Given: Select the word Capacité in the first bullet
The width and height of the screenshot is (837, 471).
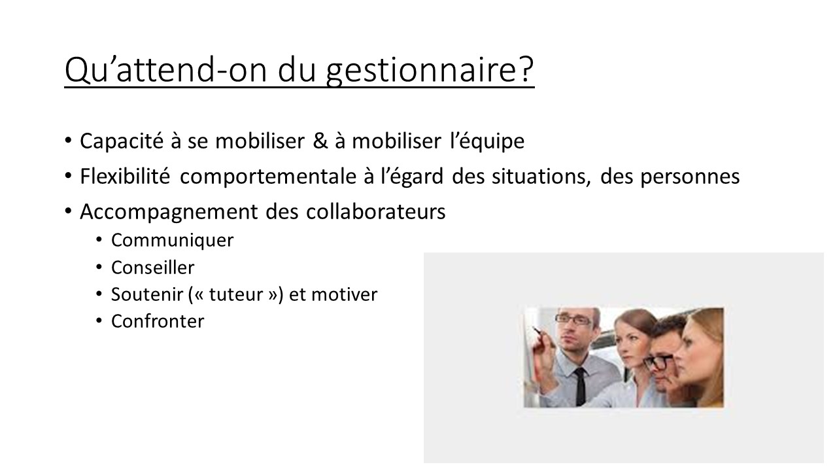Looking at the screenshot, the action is click(122, 141).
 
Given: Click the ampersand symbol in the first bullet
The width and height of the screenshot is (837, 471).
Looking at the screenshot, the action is click(320, 141).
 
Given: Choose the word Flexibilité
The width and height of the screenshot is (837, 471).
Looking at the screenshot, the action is click(125, 176).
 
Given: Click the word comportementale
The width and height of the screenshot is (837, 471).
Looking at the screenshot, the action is click(268, 177).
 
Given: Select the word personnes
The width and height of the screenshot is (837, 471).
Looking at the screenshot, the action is click(690, 177).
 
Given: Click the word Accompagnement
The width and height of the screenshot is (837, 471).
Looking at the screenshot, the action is click(169, 212).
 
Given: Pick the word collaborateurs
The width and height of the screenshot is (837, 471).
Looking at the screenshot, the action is click(375, 211).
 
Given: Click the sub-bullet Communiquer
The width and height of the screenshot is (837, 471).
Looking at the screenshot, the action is click(172, 240).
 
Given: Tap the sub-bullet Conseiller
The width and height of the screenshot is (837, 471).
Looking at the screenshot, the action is click(153, 268).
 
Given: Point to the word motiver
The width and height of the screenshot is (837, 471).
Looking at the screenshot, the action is click(344, 294).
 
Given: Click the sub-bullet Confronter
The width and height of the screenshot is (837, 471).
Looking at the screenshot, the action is click(158, 321).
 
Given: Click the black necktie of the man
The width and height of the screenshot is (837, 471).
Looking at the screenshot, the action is click(580, 386).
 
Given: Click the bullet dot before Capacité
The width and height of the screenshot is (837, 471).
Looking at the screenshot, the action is click(67, 141).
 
